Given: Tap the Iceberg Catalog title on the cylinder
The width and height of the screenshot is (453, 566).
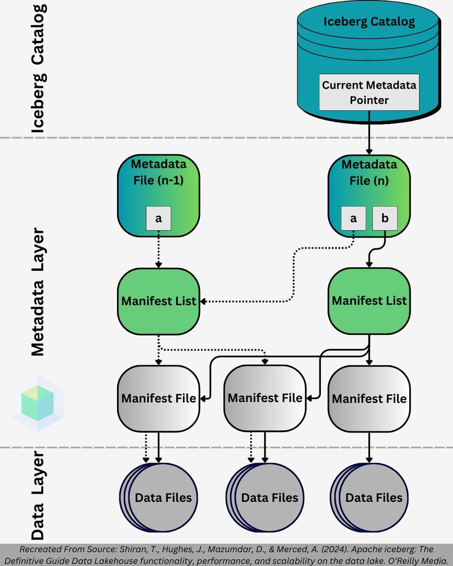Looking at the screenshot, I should coord(369,21).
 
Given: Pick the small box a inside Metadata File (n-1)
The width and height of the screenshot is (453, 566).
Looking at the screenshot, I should coord(159,218).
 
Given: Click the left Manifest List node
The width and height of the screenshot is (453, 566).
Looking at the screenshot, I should coord(159,301).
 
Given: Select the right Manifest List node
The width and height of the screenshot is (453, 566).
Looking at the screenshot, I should coord(369,301).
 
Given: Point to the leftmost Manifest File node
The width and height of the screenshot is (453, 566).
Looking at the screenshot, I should coord(159,398).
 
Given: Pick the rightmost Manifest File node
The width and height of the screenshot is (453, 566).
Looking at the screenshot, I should coord(369,399).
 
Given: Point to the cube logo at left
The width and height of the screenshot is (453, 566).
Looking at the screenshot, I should coord(37,403).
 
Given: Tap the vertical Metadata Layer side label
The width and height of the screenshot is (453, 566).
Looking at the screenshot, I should coord(37,292).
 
